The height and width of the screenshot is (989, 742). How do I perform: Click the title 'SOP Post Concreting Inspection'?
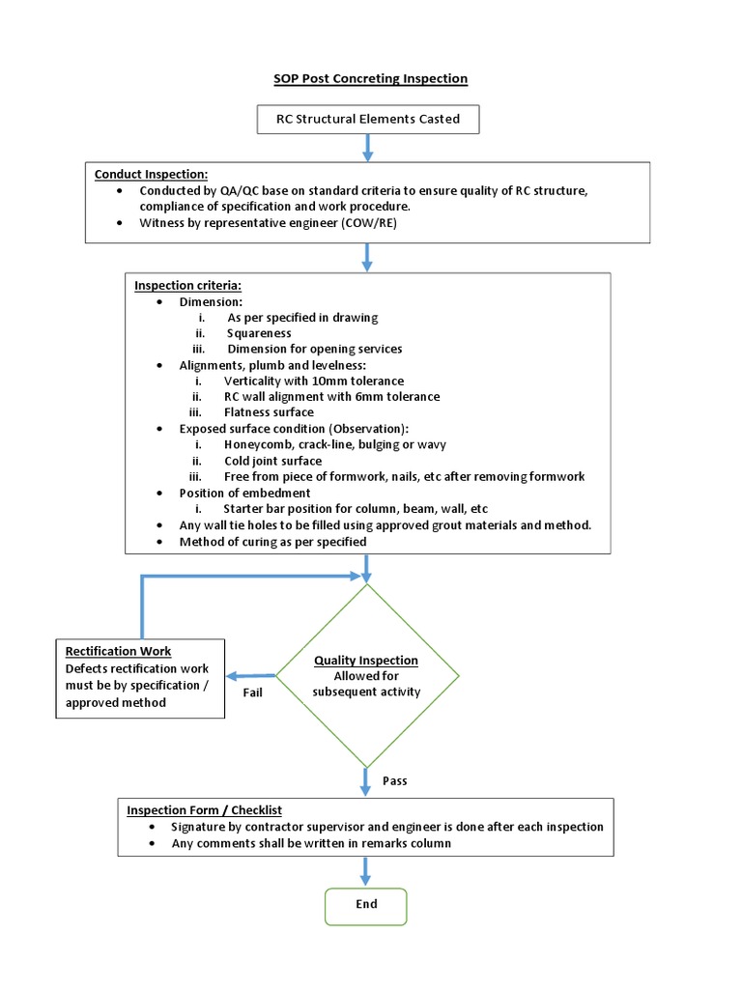point(370,78)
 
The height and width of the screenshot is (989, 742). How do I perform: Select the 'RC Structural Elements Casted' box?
point(367,120)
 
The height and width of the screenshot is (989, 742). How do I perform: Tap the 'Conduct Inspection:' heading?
point(151,174)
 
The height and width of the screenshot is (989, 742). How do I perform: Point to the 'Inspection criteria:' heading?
point(187,286)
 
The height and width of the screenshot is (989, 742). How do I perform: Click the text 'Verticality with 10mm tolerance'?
point(313,381)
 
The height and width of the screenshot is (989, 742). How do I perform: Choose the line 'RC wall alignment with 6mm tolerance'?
point(331,396)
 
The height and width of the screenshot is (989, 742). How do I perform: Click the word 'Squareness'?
point(259,333)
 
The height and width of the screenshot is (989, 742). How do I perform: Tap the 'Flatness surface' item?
point(269,412)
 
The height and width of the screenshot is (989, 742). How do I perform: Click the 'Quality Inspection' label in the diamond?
point(366,661)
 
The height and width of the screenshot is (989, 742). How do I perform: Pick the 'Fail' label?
point(252,692)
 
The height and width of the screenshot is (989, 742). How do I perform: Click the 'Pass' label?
point(394,780)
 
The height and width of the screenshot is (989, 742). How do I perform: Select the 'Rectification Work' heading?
point(118,651)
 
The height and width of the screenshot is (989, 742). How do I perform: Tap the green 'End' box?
point(366,905)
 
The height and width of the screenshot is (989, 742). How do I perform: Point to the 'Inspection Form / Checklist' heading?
point(204,810)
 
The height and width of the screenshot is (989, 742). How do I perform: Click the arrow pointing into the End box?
point(366,873)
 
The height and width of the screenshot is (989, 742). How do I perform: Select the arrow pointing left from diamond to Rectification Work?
point(251,675)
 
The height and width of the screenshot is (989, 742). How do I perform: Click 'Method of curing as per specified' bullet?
point(272,542)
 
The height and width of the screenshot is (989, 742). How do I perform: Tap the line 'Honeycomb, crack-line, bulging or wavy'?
point(334,444)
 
